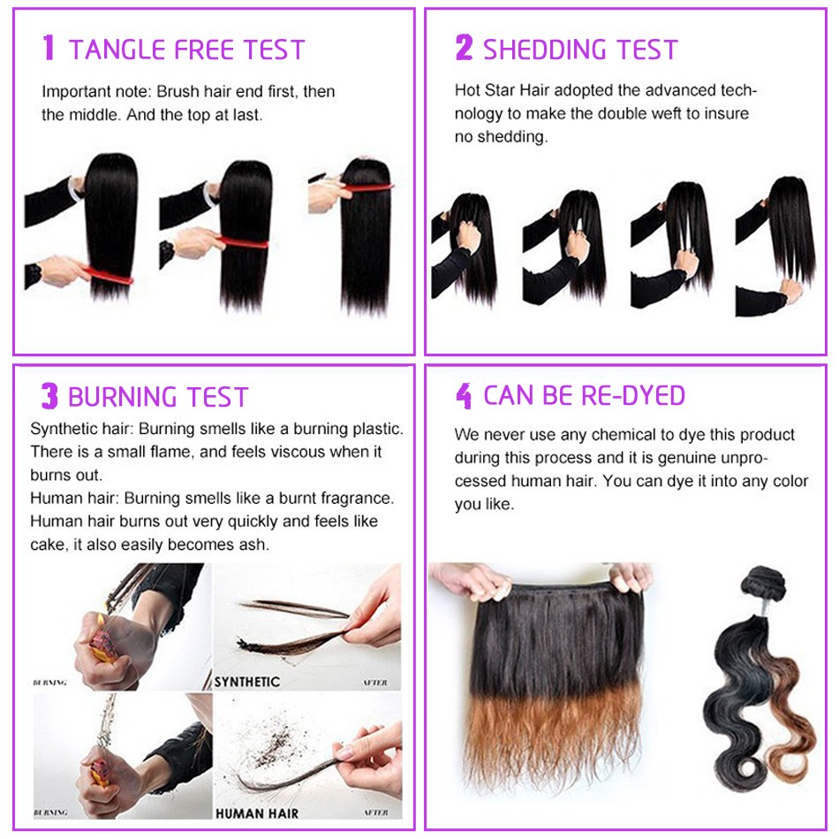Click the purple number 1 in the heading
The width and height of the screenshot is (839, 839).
[x=49, y=47]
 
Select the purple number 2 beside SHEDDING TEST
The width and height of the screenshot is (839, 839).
[x=464, y=47]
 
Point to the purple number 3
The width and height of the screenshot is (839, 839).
[x=49, y=396]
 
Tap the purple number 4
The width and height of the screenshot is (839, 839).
[x=464, y=396]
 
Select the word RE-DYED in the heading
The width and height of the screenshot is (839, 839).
[x=633, y=395]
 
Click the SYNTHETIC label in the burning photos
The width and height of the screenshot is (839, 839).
[x=246, y=682]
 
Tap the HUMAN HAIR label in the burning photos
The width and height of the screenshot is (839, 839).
[x=257, y=813]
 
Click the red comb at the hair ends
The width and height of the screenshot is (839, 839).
[x=106, y=273]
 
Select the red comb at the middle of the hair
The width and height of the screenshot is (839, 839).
[x=242, y=241]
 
